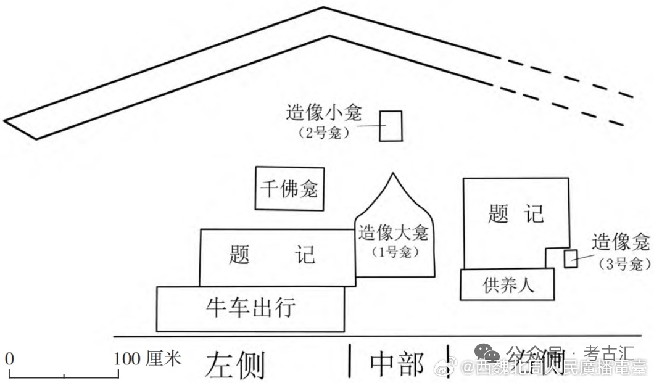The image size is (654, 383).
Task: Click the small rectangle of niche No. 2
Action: [390, 126]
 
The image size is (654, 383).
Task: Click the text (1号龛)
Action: [394, 252]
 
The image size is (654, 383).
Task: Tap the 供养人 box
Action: [507, 285]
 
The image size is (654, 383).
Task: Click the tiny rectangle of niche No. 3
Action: [571, 259]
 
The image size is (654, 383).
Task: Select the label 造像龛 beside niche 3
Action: [619, 242]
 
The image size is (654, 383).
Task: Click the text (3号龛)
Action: [624, 264]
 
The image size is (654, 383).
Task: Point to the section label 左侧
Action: [234, 364]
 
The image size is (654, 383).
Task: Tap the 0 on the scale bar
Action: [9, 358]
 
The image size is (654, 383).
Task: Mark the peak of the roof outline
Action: [323, 8]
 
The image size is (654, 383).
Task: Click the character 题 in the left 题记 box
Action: [239, 254]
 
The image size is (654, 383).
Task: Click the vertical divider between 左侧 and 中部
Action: [350, 361]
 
